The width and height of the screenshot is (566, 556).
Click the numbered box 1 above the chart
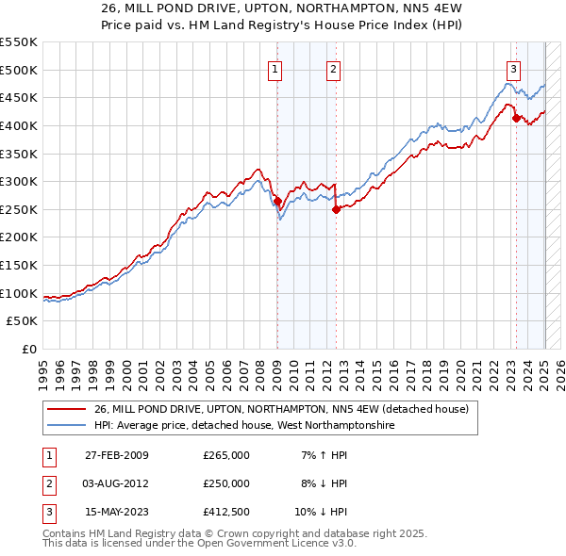click(275, 68)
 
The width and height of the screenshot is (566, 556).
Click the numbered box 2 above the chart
click(334, 68)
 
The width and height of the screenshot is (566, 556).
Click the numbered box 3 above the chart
click(513, 68)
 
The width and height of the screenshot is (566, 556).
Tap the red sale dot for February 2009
click(277, 201)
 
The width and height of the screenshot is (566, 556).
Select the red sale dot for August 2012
click(335, 210)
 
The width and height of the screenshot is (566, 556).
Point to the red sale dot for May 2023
click(515, 118)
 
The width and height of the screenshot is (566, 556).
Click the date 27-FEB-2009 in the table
click(117, 455)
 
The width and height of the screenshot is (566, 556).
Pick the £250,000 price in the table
click(226, 483)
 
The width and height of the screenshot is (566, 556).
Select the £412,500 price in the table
click(226, 512)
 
